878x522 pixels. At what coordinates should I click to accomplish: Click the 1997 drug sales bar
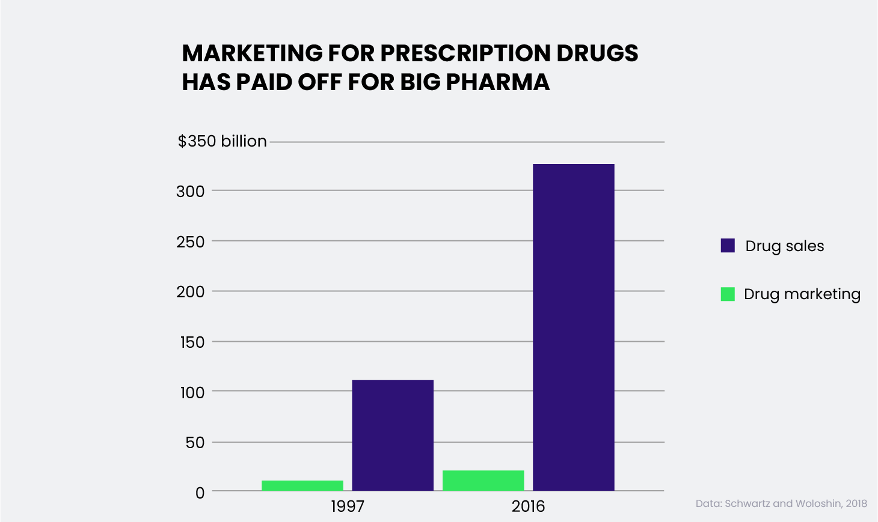[393, 435]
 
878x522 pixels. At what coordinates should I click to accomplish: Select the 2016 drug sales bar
[573, 327]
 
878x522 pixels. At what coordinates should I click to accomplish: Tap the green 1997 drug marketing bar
[302, 485]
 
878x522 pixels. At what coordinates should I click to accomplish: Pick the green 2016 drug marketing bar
[483, 481]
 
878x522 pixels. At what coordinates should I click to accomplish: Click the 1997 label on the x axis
[348, 506]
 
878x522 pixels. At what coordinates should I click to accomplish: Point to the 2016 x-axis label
[528, 506]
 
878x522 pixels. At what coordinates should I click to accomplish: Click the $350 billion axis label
[222, 141]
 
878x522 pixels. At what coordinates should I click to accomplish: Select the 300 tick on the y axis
[191, 192]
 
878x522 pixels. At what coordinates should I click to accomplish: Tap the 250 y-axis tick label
[191, 241]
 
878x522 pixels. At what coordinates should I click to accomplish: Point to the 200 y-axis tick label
[191, 292]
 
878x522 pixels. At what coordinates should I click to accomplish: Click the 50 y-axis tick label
[195, 443]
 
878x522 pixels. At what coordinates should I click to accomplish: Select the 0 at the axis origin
[200, 493]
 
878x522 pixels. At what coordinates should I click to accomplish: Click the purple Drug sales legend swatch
[728, 246]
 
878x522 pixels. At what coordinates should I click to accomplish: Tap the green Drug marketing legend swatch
[728, 294]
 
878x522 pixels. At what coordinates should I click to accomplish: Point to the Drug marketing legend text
[802, 294]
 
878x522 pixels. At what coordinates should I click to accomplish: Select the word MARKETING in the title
[253, 53]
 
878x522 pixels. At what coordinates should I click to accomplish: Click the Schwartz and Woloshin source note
[781, 503]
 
